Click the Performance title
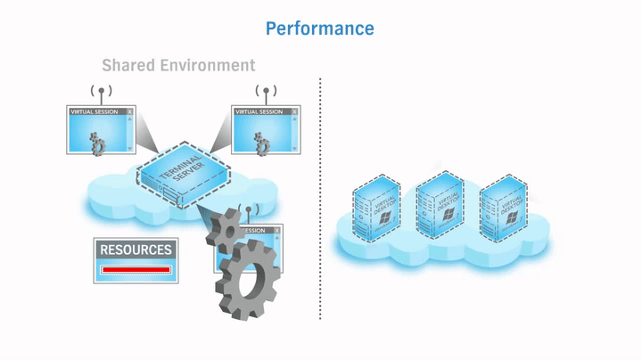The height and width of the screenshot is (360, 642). point(319,29)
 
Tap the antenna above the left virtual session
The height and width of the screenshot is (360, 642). point(101,92)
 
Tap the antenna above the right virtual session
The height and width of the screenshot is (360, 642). point(265,92)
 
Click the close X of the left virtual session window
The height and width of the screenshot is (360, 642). point(130,112)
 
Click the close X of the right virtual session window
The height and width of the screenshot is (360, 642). point(294,112)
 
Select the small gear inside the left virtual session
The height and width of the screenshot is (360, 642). point(99,143)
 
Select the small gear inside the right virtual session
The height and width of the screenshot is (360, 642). point(262,143)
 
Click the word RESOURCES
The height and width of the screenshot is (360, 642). point(136,250)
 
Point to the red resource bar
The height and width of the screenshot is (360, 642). point(136,269)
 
